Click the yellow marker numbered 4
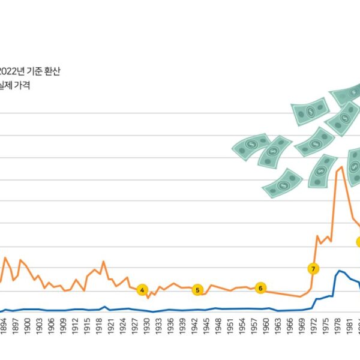pos(142,290)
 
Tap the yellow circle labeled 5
pos(197,290)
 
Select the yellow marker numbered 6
pos(260,288)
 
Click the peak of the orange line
pos(341,166)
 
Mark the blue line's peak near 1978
pos(339,271)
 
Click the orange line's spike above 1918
pos(103,262)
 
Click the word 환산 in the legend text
pos(51,71)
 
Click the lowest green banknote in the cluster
pos(282,182)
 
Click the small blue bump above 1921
pos(104,307)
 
